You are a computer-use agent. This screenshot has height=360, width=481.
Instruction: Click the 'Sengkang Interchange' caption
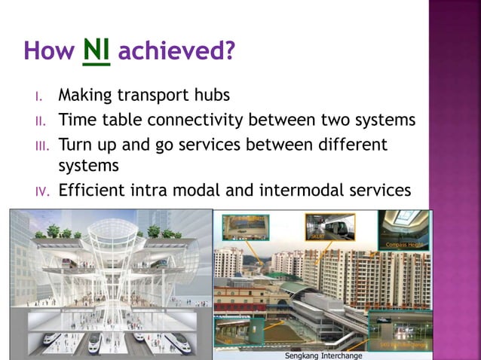pyautogui.click(x=322, y=355)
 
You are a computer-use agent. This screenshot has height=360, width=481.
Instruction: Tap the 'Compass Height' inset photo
pyautogui.click(x=403, y=230)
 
